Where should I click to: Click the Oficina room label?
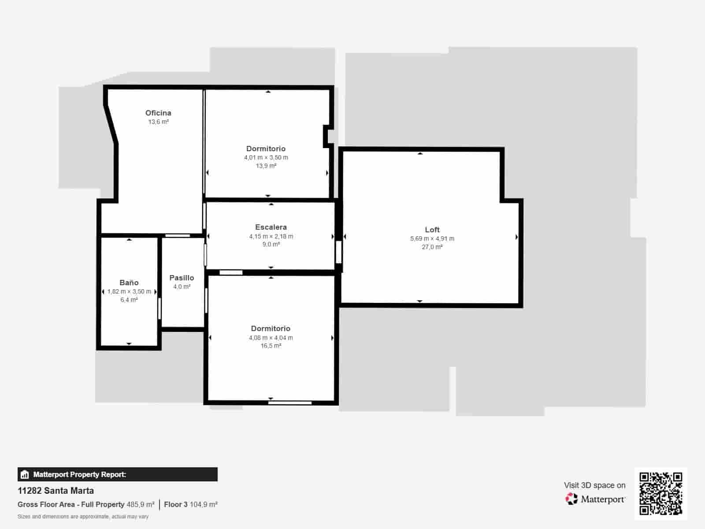point(158,113)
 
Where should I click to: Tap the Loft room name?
point(432,230)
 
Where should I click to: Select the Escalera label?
point(271,227)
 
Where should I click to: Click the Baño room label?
point(129,283)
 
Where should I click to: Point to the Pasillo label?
point(182,278)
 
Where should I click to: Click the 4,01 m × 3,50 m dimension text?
point(266,157)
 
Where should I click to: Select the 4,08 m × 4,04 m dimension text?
point(271,338)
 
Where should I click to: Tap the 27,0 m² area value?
point(432,247)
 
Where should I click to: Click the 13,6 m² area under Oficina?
point(158,122)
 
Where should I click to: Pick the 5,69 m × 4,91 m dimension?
point(432,238)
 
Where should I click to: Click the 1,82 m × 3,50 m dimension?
point(129,291)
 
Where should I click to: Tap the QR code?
point(660,494)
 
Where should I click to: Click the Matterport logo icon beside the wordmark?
point(571,499)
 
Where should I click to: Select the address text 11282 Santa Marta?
point(56,491)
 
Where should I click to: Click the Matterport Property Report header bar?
point(117,474)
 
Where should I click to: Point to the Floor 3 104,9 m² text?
point(191,504)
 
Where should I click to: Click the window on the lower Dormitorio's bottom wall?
point(290,402)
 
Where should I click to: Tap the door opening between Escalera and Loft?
point(338,252)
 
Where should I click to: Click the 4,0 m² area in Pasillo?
point(182,287)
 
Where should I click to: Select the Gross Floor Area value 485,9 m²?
point(141,504)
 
